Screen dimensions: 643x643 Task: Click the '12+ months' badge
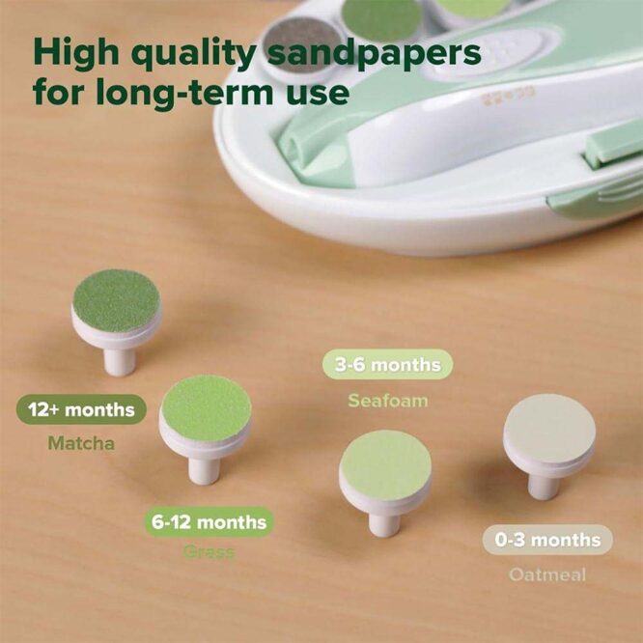(x=82, y=410)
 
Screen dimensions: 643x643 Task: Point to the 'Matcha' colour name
(x=81, y=444)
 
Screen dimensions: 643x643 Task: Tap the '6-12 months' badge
(x=209, y=522)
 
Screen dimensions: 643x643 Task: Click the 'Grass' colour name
(x=209, y=553)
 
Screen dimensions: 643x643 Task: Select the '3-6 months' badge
(x=387, y=365)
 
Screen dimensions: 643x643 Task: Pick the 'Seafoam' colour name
(x=387, y=400)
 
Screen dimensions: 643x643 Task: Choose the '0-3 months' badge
(x=547, y=541)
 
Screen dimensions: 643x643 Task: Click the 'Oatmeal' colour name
(x=547, y=574)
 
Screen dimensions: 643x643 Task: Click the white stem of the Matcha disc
(x=118, y=362)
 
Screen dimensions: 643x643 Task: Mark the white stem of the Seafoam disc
(x=384, y=522)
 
